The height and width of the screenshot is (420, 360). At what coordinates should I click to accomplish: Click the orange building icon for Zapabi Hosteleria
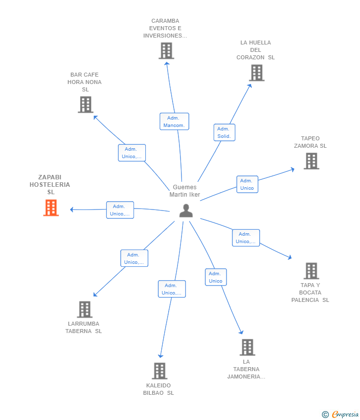(x=51, y=208)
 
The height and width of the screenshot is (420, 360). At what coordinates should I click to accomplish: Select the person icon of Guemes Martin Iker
(x=186, y=210)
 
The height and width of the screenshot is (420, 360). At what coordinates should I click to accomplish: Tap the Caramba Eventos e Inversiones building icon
(x=166, y=51)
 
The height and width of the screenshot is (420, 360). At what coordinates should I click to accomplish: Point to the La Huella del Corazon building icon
(x=256, y=73)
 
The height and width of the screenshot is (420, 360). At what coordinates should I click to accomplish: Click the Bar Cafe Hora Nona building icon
(x=86, y=105)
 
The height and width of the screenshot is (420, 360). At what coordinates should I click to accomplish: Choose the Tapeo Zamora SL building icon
(x=311, y=161)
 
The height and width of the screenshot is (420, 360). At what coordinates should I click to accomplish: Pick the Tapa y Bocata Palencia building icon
(x=311, y=271)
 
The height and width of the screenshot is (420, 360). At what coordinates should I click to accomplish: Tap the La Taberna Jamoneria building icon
(x=247, y=347)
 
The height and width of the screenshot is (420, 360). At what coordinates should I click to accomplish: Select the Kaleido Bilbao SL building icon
(x=159, y=371)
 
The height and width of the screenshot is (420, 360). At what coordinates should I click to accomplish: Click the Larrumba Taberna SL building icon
(x=85, y=310)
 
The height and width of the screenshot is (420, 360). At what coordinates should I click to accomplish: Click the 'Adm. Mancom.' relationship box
(x=174, y=122)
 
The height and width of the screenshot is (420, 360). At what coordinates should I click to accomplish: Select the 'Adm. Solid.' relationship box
(x=224, y=132)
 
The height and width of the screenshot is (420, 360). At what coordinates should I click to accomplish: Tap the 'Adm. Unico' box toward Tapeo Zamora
(x=247, y=184)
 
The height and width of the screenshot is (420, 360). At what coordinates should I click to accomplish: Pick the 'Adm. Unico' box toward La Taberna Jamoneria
(x=216, y=277)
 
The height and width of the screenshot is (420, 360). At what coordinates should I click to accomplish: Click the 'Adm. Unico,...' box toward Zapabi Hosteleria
(x=120, y=210)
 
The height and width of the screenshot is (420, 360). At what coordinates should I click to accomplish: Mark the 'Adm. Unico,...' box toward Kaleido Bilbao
(x=172, y=289)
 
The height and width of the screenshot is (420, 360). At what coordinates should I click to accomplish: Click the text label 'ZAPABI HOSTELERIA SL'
(x=50, y=184)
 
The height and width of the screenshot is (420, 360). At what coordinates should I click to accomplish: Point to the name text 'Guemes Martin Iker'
(x=185, y=191)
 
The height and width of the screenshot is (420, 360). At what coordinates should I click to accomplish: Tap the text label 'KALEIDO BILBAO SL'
(x=159, y=389)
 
